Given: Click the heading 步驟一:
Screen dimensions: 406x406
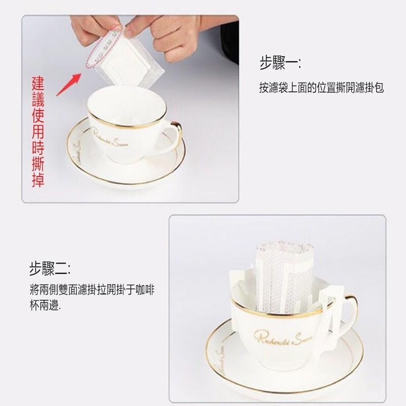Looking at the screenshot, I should click(279, 64).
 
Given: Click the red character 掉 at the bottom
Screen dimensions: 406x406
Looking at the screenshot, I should click(38, 180).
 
